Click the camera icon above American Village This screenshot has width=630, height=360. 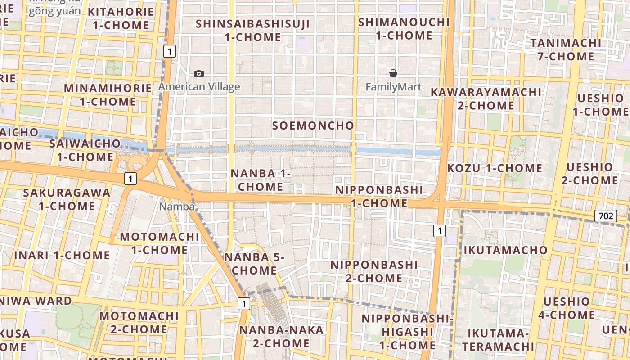point(198,73)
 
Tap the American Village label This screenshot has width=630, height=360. point(199,87)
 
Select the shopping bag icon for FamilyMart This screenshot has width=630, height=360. point(393,73)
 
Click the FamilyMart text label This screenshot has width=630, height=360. point(393,87)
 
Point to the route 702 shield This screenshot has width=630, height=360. point(605,216)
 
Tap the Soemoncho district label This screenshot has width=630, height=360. point(313,126)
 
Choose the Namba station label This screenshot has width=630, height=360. point(177,207)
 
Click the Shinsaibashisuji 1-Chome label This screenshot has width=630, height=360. point(253,30)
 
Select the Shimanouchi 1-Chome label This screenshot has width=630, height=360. point(404,28)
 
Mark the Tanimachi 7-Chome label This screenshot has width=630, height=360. point(566,49)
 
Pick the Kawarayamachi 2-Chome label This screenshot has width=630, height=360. point(486,99)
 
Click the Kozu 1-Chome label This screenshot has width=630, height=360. point(495,168)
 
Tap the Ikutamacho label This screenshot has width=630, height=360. point(505,250)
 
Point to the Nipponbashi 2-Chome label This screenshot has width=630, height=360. point(374,271)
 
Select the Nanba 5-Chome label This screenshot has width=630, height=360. point(254,264)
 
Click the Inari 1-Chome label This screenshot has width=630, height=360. point(62,255)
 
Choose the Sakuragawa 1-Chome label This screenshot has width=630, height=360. point(67,199)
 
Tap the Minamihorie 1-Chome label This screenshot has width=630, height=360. point(108,94)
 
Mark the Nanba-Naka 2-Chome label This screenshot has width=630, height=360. point(281,337)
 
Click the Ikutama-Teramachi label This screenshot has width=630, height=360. point(498,340)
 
